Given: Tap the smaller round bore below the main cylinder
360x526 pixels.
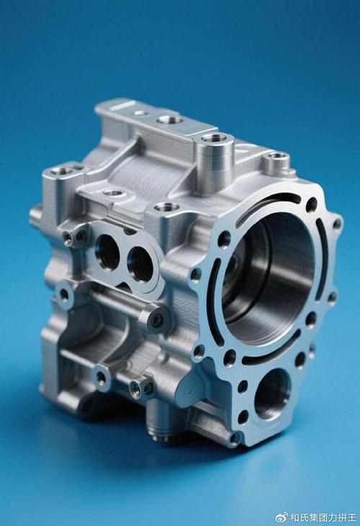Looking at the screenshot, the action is click(272, 394).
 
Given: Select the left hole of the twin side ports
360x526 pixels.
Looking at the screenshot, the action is click(107, 253).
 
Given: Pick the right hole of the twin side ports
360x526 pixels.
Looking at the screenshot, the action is click(141, 264).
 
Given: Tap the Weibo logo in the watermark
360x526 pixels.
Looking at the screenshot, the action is click(282, 517).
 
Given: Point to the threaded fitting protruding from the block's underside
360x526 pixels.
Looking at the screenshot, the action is click(158, 421).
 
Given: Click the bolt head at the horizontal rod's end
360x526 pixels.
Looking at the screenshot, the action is click(156, 321).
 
